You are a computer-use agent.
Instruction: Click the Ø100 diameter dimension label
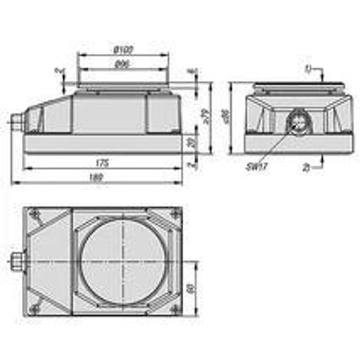pos(123,50)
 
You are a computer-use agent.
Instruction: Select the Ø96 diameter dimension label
pos(123,64)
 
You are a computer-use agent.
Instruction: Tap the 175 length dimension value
pos(102,163)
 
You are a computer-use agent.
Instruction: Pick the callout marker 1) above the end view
pos(308,69)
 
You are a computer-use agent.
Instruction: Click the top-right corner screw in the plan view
pos(176,215)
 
